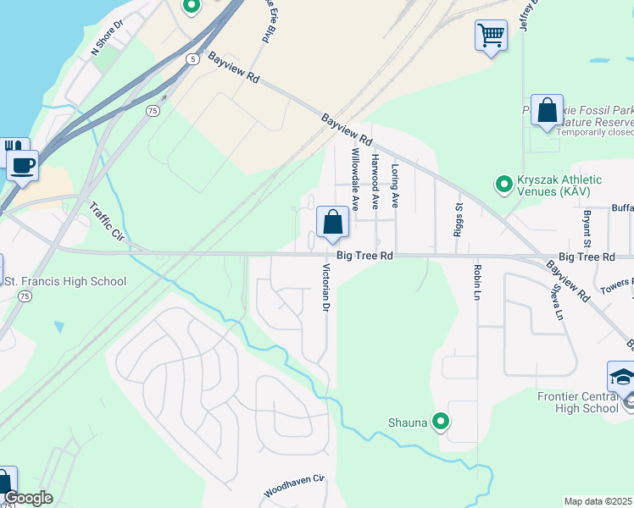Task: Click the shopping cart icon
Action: pos(490,36)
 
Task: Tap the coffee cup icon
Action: pos(23,164)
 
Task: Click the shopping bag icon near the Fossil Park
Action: pos(547,111)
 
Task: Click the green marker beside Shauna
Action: pos(440,421)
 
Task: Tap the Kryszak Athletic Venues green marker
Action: pos(503,183)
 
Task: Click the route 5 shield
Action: pos(193,58)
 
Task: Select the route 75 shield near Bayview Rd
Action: pos(153,111)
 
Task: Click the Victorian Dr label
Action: pos(325,288)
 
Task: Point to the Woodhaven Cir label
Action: pos(294,486)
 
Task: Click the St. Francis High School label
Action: pos(65,281)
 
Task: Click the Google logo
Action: pos(28,498)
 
